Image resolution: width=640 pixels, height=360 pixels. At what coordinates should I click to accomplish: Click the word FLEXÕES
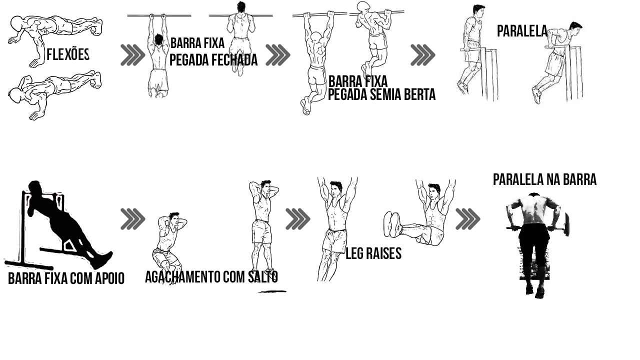pyautogui.click(x=68, y=54)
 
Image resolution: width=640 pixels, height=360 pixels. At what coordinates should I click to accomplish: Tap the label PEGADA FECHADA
pyautogui.click(x=213, y=59)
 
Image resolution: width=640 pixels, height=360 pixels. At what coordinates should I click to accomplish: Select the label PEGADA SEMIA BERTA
pyautogui.click(x=381, y=94)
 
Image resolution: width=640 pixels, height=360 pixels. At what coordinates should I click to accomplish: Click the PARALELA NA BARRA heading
pyautogui.click(x=544, y=179)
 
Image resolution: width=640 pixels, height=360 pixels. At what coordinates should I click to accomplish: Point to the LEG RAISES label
pyautogui.click(x=373, y=253)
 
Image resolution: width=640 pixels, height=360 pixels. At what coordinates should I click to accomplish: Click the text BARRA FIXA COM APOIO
pyautogui.click(x=66, y=278)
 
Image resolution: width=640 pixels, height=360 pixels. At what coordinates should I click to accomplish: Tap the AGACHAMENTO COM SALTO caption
pyautogui.click(x=211, y=276)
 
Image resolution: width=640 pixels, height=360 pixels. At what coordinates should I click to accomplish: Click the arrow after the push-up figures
pyautogui.click(x=133, y=55)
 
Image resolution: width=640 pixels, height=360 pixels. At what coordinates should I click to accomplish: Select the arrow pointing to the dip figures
pyautogui.click(x=423, y=55)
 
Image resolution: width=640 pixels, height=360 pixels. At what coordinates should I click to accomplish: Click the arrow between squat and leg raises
pyautogui.click(x=297, y=219)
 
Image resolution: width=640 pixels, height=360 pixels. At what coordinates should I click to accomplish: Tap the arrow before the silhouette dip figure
pyautogui.click(x=467, y=219)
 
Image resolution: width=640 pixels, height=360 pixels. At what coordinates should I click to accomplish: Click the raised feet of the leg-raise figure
pyautogui.click(x=392, y=224)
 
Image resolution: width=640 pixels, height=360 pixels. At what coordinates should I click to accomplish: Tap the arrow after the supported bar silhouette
pyautogui.click(x=133, y=219)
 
